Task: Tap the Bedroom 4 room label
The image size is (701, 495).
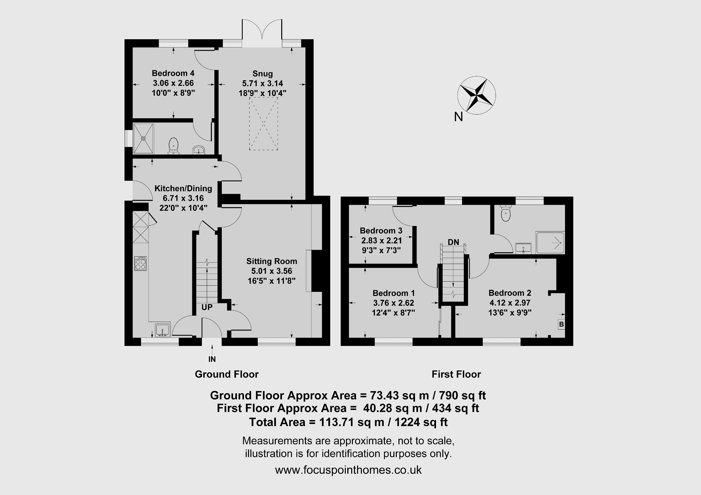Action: (173, 73)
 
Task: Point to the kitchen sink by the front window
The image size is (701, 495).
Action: (162, 330)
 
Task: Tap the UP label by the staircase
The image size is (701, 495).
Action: (207, 307)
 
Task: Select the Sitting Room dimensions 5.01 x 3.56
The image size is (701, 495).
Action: (272, 271)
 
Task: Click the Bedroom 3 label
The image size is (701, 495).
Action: (381, 231)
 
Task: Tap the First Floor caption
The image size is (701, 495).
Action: (456, 375)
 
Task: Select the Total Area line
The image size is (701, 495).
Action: (348, 422)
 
